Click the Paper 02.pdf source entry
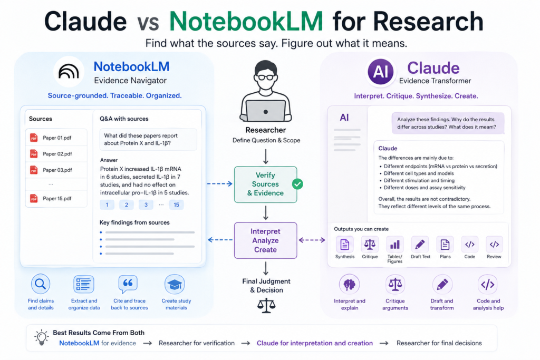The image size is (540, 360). pyautogui.click(x=56, y=154)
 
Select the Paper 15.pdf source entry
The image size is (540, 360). pyautogui.click(x=56, y=199)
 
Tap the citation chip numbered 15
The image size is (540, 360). pyautogui.click(x=176, y=205)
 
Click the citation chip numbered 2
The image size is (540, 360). pyautogui.click(x=127, y=205)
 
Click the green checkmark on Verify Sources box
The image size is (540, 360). pyautogui.click(x=297, y=184)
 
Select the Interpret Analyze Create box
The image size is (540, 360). pyautogui.click(x=266, y=240)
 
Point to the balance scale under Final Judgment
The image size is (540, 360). pyautogui.click(x=266, y=306)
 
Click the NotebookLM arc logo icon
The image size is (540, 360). pyautogui.click(x=69, y=72)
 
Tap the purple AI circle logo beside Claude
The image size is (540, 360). pyautogui.click(x=381, y=72)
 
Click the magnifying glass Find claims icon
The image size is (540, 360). pyautogui.click(x=41, y=284)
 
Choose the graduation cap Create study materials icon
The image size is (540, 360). pyautogui.click(x=175, y=284)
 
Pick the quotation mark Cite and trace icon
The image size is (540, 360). pyautogui.click(x=128, y=284)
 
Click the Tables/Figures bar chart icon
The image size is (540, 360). pyautogui.click(x=394, y=245)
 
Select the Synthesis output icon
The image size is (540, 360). pyautogui.click(x=345, y=245)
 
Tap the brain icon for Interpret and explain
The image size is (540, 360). pyautogui.click(x=349, y=284)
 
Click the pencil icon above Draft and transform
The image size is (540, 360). pyautogui.click(x=442, y=284)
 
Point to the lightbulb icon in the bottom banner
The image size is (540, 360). pyautogui.click(x=42, y=337)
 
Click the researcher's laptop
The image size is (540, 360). pyautogui.click(x=266, y=111)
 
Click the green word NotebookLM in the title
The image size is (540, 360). pyautogui.click(x=246, y=21)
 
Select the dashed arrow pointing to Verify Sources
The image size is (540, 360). pyautogui.click(x=220, y=184)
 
